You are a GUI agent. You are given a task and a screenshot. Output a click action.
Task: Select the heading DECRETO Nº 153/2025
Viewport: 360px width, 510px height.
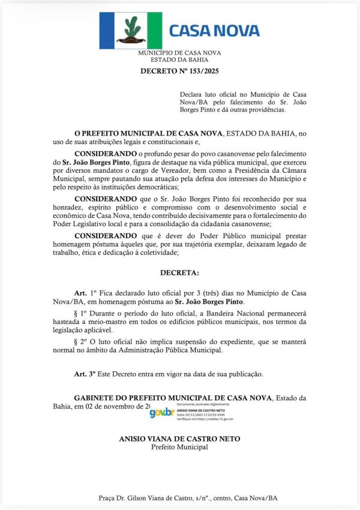point(179,71)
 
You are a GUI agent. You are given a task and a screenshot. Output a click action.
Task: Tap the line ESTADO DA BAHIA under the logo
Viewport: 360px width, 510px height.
point(179,59)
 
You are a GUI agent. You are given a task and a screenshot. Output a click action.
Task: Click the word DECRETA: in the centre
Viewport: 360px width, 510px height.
point(179,272)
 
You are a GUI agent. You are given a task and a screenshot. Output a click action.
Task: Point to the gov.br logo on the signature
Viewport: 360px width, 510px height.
point(161,413)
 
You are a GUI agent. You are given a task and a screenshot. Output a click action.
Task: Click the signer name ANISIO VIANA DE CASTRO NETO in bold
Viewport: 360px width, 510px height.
point(179,439)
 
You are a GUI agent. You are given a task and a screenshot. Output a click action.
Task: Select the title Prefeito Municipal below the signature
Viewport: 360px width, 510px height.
point(179,447)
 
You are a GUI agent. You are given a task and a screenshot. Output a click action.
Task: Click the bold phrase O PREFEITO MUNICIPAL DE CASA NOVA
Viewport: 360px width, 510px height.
point(148,133)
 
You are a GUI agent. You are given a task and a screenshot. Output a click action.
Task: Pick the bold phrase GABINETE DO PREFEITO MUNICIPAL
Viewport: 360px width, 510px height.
point(172,398)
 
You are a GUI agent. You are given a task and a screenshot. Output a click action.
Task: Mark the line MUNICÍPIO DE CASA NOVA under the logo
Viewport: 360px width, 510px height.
point(179,53)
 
